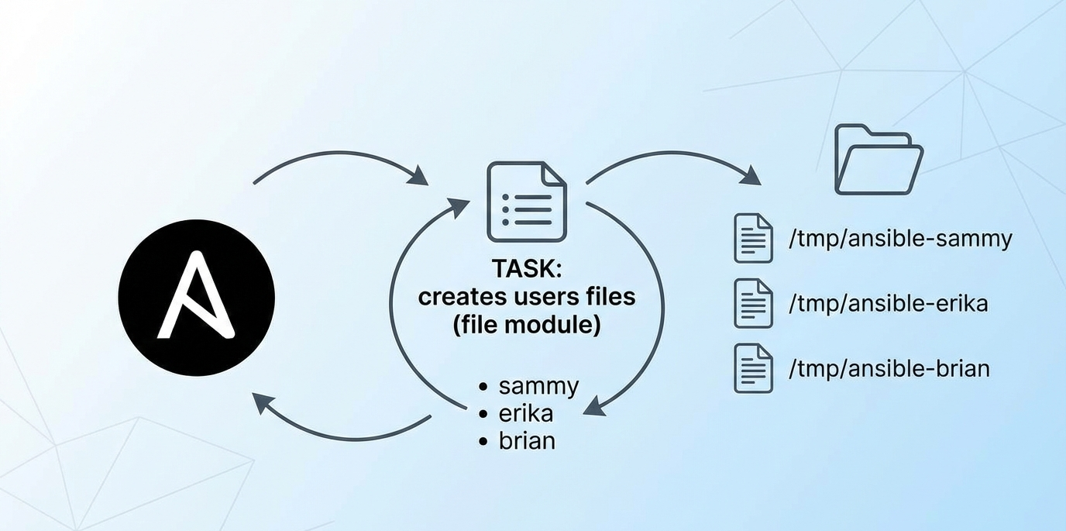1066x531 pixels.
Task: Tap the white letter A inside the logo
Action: [x=194, y=298]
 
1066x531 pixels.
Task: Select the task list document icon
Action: [x=526, y=202]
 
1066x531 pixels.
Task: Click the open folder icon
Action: [x=878, y=160]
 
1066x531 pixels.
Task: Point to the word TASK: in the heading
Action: [x=527, y=269]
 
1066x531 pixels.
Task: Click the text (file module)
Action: [x=527, y=324]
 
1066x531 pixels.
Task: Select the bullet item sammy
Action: [x=538, y=385]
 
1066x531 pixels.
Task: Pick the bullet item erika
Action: [x=526, y=413]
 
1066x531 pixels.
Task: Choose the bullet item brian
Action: [x=527, y=440]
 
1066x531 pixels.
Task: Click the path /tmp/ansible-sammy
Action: [x=899, y=239]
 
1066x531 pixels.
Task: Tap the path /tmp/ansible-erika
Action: [x=888, y=303]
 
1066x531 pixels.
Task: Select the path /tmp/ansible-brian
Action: [x=889, y=367]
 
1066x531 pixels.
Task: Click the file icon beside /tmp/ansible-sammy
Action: [x=753, y=238]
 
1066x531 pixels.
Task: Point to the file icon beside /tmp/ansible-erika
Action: [x=753, y=303]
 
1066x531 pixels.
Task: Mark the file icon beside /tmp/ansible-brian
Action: [x=753, y=367]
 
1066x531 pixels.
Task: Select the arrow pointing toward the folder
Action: [x=674, y=159]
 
